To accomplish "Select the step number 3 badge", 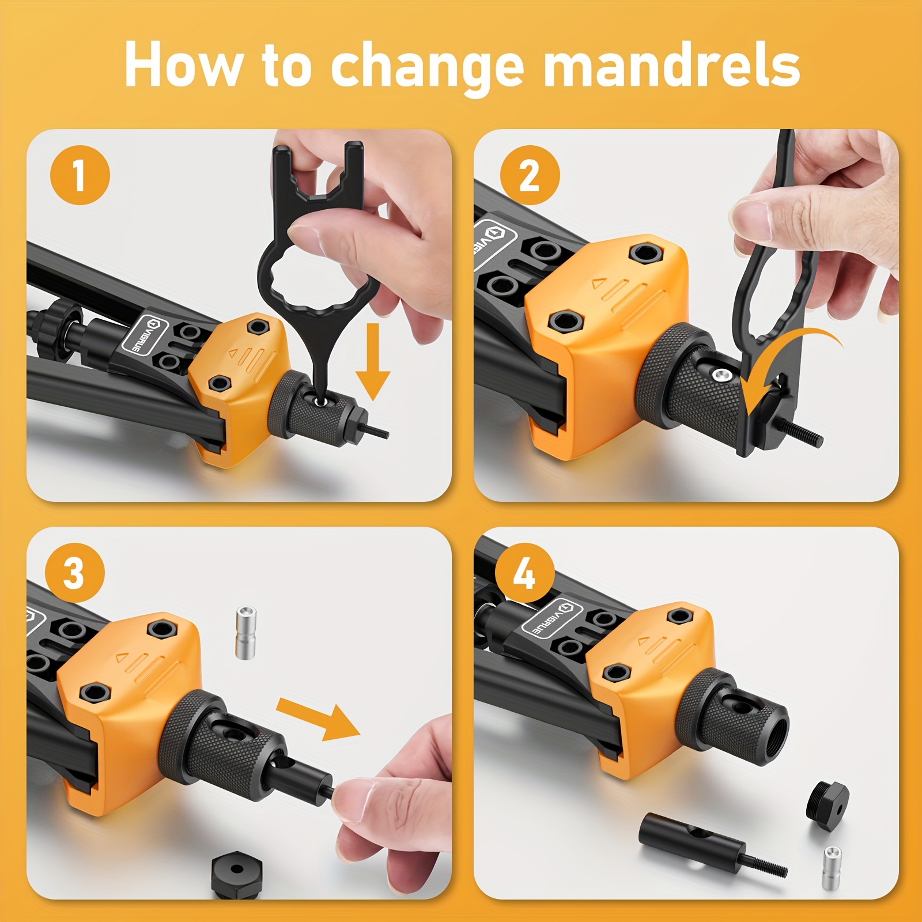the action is tap(75, 573).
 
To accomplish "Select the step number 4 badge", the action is tap(524, 573).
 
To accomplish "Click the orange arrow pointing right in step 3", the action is tap(319, 718).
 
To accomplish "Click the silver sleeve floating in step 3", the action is tap(246, 632).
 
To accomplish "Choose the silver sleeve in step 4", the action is tap(832, 868).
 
